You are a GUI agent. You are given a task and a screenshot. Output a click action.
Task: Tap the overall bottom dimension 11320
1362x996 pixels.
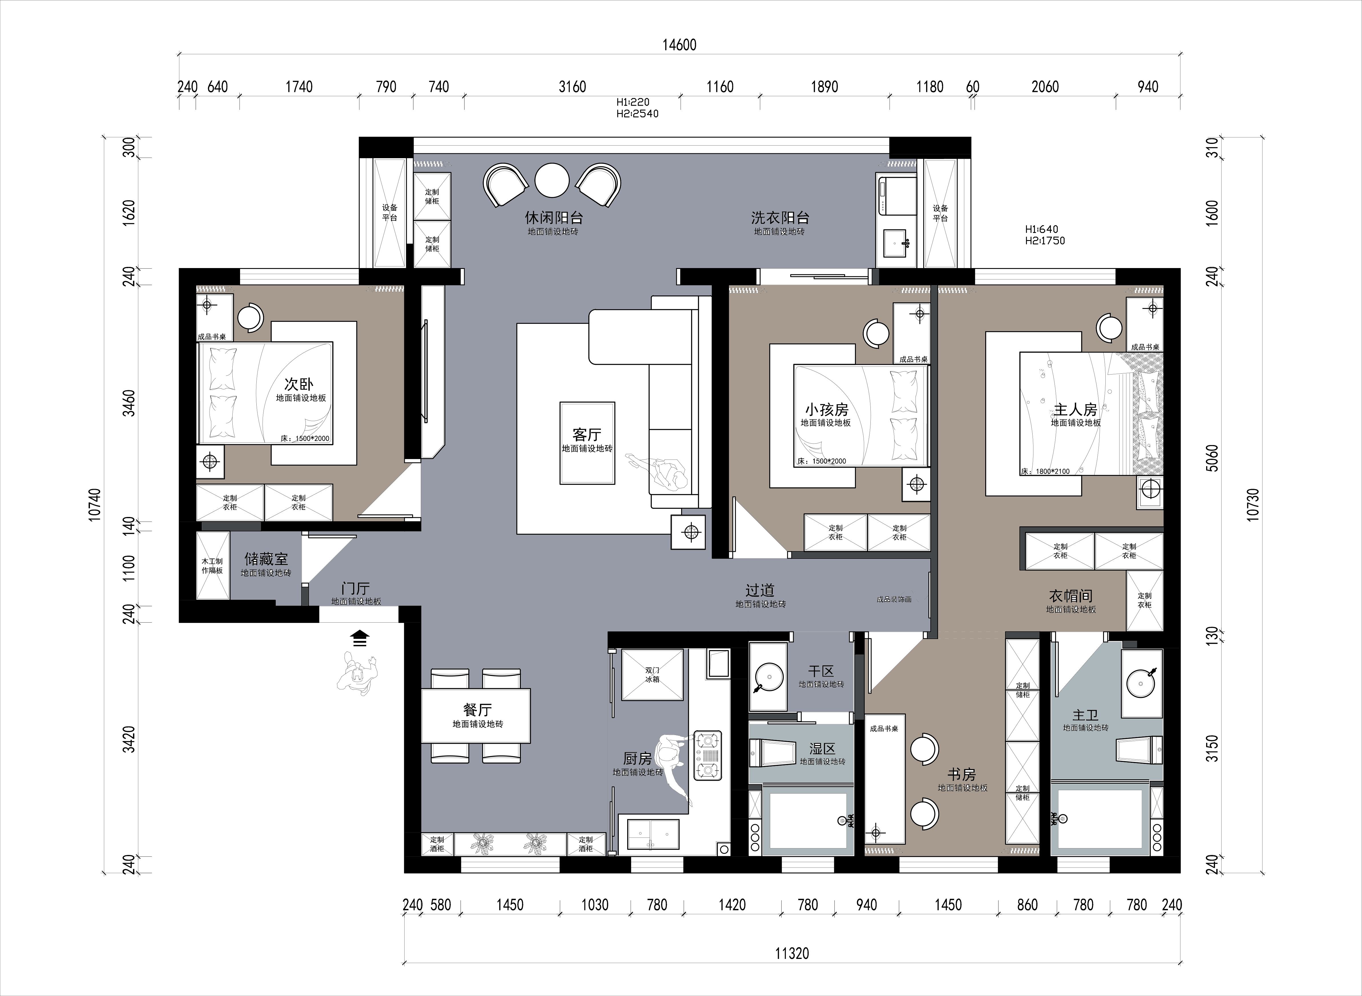pos(792,953)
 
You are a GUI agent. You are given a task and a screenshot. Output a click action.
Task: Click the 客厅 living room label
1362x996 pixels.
pos(587,434)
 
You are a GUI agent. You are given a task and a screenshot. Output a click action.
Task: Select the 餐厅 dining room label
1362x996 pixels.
pos(478,710)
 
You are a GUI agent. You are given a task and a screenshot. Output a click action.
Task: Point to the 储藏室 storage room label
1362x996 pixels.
pos(266,559)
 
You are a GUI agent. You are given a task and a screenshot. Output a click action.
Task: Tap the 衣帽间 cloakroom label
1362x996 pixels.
pos(1071,596)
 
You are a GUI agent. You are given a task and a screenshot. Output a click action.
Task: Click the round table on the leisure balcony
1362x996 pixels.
pos(552,180)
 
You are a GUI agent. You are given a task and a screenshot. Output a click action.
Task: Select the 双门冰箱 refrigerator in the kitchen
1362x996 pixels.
pos(652,675)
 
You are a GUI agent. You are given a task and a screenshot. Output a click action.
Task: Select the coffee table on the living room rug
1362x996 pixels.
pos(587,443)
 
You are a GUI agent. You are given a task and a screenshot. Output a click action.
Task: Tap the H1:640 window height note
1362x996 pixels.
pos(1041,229)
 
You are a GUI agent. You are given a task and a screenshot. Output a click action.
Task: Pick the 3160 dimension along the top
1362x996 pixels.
pos(572,87)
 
